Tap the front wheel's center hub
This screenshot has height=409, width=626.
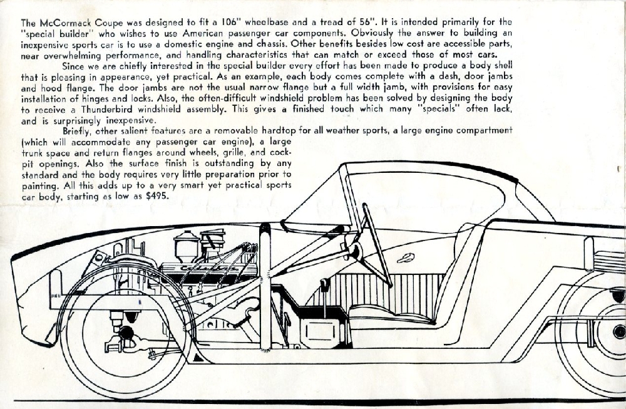tap(125, 334)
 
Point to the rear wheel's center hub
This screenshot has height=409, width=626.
tap(618, 331)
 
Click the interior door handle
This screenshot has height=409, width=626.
tap(406, 257)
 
